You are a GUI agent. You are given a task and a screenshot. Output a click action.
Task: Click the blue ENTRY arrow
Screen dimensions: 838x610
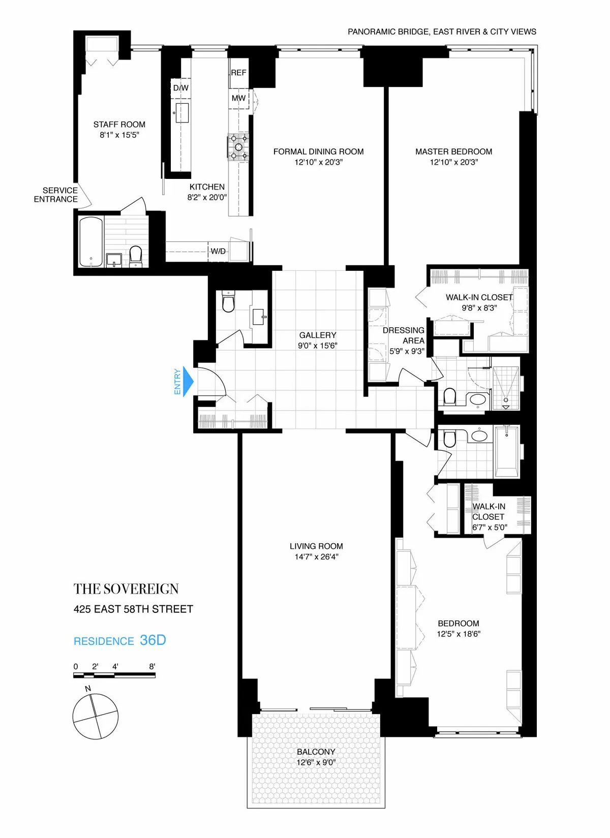click(x=188, y=382)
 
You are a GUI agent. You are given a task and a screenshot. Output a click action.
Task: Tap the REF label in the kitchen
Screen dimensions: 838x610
click(x=238, y=73)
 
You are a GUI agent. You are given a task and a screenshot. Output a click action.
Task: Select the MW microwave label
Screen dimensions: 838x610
click(x=238, y=98)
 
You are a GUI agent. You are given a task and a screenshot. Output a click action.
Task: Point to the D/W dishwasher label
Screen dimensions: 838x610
click(x=180, y=88)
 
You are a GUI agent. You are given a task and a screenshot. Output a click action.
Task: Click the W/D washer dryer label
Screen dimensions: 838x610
click(x=218, y=251)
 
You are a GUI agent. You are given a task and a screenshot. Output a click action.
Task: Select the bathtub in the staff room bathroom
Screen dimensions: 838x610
click(x=91, y=242)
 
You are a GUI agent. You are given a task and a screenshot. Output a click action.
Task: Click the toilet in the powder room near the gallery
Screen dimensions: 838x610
click(x=228, y=302)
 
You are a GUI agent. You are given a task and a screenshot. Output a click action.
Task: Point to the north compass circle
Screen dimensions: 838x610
click(x=95, y=717)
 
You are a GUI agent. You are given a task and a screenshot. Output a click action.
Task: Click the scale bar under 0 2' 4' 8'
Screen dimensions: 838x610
click(x=114, y=675)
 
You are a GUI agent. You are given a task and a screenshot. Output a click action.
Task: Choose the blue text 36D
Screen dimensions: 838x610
click(x=153, y=640)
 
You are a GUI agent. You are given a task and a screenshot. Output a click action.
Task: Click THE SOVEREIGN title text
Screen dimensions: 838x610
click(x=126, y=589)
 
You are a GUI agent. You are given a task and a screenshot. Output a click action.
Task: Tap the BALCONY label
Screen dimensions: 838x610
click(x=316, y=752)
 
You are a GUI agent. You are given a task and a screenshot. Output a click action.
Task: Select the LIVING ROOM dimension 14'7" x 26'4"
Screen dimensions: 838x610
click(x=316, y=556)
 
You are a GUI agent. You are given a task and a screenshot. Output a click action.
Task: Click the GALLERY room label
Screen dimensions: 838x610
click(x=318, y=335)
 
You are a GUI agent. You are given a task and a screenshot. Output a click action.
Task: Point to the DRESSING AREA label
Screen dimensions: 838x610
click(x=404, y=335)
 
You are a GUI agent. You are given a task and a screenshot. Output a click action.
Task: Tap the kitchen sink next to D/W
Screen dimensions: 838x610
click(x=182, y=113)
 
